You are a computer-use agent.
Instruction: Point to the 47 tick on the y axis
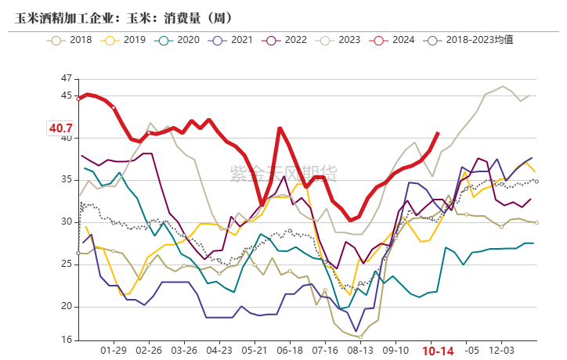pyautogui.click(x=65, y=79)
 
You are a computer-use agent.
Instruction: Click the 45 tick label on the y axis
pyautogui.click(x=65, y=95)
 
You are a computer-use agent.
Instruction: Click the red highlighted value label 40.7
pyautogui.click(x=60, y=128)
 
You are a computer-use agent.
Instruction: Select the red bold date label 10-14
pyautogui.click(x=438, y=351)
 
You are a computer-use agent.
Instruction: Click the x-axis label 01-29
pyautogui.click(x=114, y=351)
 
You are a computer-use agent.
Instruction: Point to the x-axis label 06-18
pyautogui.click(x=290, y=351)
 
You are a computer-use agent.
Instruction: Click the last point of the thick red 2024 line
pyautogui.click(x=438, y=133)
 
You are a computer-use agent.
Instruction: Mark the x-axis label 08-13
pyautogui.click(x=360, y=351)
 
